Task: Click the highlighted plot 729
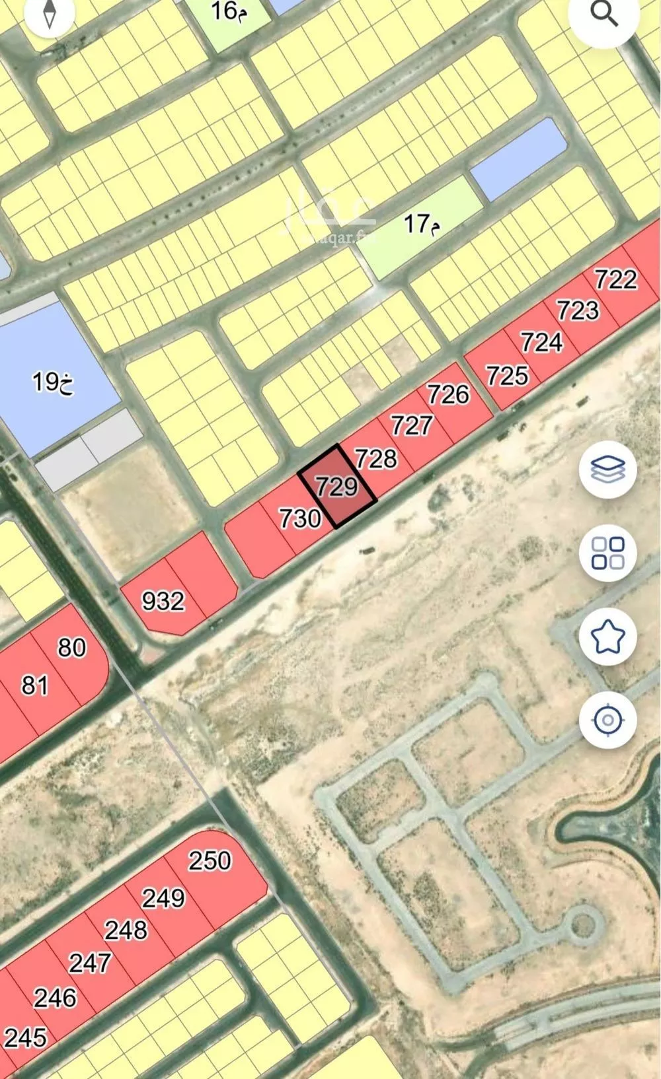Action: (337, 487)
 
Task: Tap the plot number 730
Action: (300, 518)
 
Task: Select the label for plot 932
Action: (163, 601)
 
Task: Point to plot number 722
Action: (615, 279)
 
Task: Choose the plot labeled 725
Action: (508, 376)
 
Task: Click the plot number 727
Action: (411, 425)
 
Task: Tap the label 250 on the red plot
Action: (210, 860)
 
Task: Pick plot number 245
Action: (26, 1037)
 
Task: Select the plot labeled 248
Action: (126, 930)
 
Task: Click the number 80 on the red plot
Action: (71, 647)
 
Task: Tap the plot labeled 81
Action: (34, 685)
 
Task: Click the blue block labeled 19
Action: (53, 382)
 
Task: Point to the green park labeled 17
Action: (422, 225)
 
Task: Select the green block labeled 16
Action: (229, 11)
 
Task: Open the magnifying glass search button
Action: (603, 15)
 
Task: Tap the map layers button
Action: (607, 470)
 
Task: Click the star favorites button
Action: (607, 637)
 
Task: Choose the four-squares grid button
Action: (607, 553)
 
